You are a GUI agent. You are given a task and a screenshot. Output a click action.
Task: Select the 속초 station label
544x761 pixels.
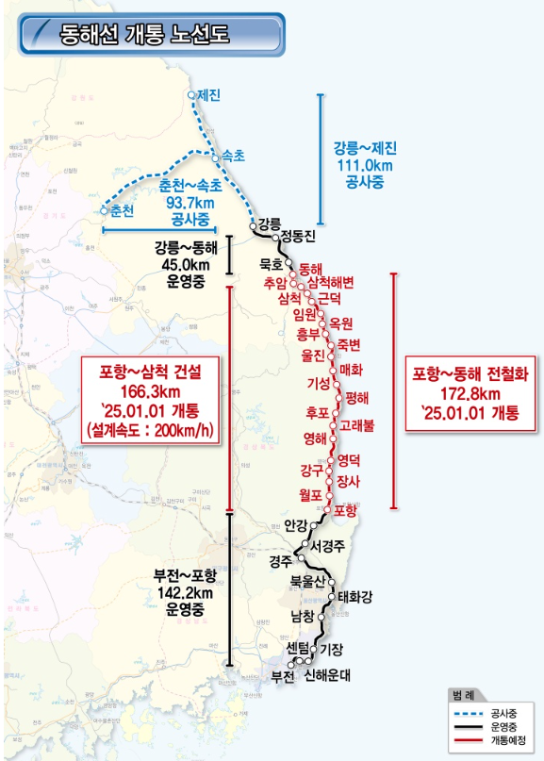tap(232, 156)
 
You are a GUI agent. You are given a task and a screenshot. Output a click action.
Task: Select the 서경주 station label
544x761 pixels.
tap(329, 545)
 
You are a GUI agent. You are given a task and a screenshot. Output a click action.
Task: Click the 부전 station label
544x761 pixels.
tap(283, 675)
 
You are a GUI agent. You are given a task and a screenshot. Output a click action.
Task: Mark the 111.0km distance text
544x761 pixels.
tap(365, 165)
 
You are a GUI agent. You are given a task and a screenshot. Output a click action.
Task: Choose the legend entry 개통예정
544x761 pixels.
tap(506, 739)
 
